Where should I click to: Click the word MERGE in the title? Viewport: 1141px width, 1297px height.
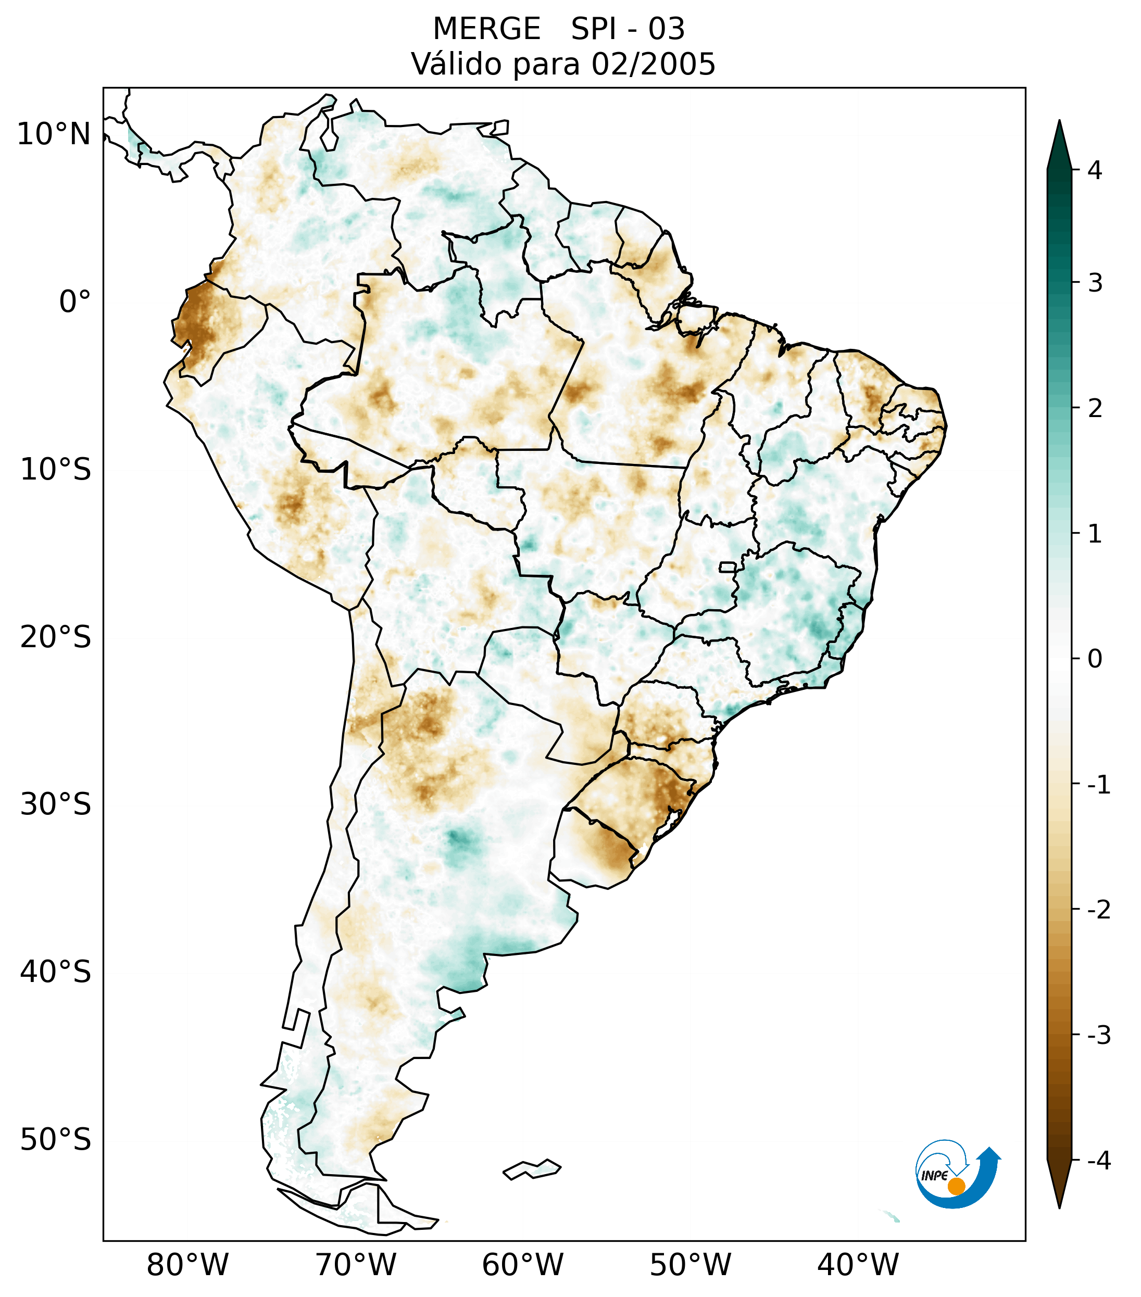[487, 29]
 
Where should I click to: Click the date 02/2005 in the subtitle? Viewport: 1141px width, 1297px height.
[653, 64]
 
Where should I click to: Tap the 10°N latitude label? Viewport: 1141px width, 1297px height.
[54, 134]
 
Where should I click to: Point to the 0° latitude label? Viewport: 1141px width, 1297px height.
[75, 302]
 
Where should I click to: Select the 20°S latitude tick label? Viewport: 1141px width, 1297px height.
[56, 637]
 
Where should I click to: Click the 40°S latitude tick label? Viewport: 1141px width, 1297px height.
[56, 972]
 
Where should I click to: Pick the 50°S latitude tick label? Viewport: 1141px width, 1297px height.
[56, 1140]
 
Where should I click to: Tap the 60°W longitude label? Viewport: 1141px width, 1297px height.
[522, 1265]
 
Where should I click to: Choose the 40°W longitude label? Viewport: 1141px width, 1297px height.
[858, 1265]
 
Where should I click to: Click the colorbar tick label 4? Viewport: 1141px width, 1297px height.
[1095, 170]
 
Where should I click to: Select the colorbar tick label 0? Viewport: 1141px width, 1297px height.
[1095, 659]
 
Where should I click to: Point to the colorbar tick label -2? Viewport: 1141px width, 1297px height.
[1098, 910]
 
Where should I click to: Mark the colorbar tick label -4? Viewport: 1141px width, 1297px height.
[1098, 1161]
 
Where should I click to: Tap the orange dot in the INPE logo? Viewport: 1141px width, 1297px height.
[956, 1186]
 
